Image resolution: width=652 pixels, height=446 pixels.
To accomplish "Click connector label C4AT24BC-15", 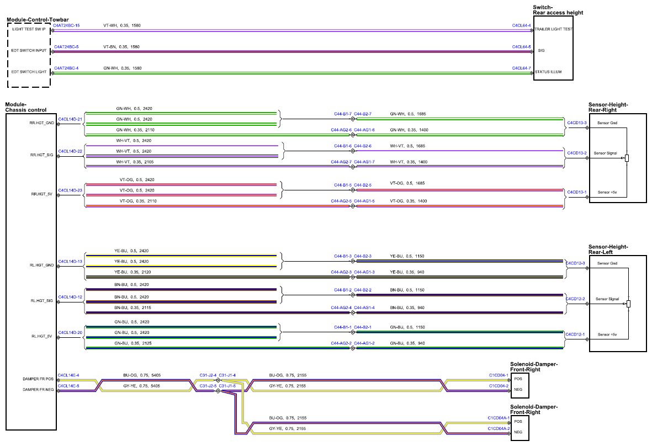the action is [67, 25].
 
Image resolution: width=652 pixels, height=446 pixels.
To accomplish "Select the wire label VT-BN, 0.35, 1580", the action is [121, 46].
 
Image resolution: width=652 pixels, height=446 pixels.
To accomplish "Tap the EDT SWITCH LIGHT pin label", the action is [29, 72].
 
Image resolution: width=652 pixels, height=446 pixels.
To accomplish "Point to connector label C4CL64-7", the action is [521, 68].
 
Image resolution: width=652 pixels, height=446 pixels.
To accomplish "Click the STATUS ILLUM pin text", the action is [548, 72].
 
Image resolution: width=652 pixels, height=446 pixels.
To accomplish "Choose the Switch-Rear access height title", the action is [558, 10].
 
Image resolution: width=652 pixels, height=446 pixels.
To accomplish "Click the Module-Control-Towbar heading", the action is [38, 19].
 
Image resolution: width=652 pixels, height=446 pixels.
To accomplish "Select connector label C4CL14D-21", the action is [70, 119].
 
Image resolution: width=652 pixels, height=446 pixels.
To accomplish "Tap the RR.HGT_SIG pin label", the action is [41, 155].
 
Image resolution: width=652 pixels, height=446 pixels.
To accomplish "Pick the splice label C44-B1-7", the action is [343, 114].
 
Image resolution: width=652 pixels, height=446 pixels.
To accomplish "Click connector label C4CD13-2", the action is [577, 153].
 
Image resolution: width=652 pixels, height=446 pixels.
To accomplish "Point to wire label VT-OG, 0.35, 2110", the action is [138, 201].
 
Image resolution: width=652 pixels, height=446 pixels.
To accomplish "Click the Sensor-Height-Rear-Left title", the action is [608, 249].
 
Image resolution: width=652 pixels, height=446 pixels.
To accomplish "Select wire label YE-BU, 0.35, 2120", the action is [132, 272].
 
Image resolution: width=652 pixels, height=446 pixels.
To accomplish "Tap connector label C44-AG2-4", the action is [341, 308].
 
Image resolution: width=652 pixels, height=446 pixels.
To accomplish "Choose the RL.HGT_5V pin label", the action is [42, 336].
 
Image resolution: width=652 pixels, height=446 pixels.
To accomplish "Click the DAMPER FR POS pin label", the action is [38, 379].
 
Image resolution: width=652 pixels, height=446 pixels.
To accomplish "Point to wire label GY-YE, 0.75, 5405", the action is [141, 386].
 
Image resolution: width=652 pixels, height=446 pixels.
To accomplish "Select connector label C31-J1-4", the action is [227, 375].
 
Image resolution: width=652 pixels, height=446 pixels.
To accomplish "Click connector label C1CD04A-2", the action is [499, 428].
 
